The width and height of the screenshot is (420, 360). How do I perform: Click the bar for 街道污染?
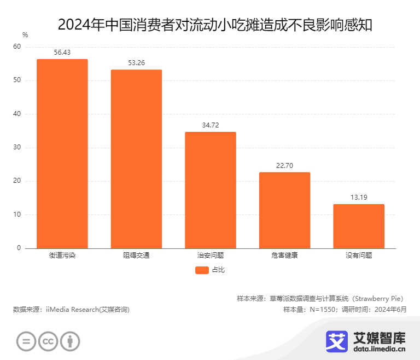pos(62,153)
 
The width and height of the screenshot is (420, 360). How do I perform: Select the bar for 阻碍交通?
pos(136,159)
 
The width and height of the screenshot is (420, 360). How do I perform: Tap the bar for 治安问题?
pos(211,190)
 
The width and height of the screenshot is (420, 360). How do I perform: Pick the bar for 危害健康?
pos(284,210)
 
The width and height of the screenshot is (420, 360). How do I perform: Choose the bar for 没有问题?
pos(359,226)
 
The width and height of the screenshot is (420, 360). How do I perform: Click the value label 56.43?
pos(62,53)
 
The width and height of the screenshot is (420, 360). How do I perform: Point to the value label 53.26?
pos(136,63)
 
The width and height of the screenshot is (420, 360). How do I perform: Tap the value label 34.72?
pos(211,125)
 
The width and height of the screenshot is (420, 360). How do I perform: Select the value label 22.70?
pos(284,166)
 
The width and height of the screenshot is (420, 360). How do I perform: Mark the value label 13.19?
pos(359,198)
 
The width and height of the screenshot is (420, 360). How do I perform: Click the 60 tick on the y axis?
pos(17,47)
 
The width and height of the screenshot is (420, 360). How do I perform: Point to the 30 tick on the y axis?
pos(17,148)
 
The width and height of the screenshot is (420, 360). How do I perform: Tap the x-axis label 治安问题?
pos(211,255)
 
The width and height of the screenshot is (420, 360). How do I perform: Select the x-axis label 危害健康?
pos(284,255)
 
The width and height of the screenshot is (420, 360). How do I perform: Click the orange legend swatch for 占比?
pos(202,270)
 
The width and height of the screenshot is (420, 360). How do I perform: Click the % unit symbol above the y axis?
pos(25,35)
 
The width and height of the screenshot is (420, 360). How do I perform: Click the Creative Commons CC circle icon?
pos(48,342)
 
